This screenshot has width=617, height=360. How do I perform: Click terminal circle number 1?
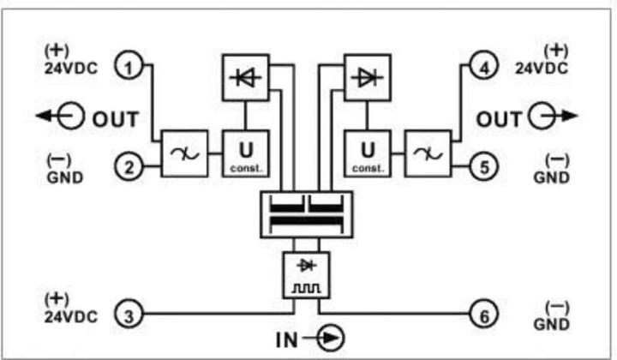129,67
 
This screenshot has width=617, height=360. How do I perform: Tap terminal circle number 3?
129,315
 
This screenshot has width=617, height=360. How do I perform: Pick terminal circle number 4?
485,67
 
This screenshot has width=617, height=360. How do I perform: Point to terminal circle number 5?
485,168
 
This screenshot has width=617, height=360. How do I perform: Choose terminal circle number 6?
485,315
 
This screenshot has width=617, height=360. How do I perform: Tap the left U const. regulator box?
244,152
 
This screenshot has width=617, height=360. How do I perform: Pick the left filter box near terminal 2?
183,153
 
